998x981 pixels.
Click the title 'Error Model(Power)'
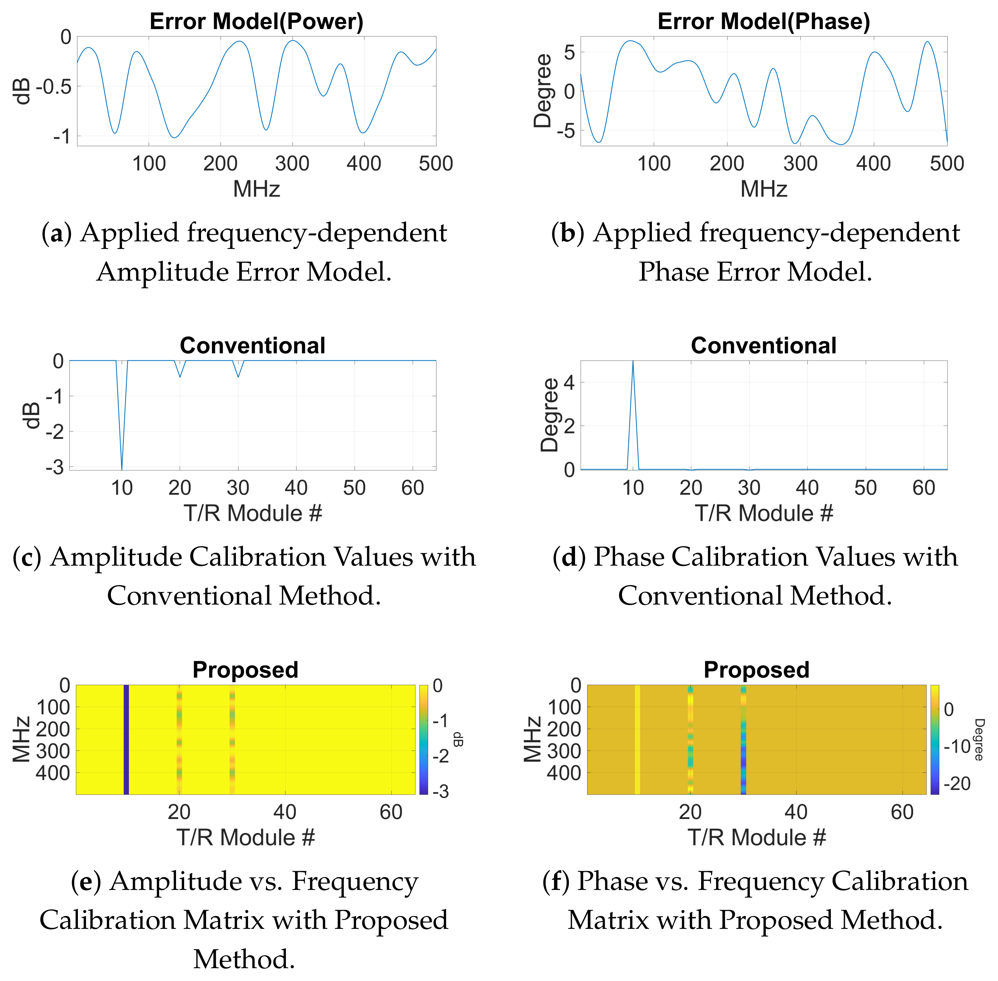pyautogui.click(x=256, y=22)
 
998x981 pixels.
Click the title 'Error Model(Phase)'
pyautogui.click(x=764, y=22)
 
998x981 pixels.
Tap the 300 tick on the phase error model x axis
pyautogui.click(x=800, y=164)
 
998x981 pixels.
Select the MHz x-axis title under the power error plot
pyautogui.click(x=256, y=189)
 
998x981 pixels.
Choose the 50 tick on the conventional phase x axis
pyautogui.click(x=865, y=488)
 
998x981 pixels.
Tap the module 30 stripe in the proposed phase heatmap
pyautogui.click(x=743, y=739)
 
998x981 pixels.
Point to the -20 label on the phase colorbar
pyautogui.click(x=957, y=784)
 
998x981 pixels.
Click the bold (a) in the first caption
pyautogui.click(x=56, y=233)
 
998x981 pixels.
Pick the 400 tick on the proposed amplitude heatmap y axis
pyautogui.click(x=53, y=773)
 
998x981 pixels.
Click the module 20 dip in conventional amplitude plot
pyautogui.click(x=180, y=376)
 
